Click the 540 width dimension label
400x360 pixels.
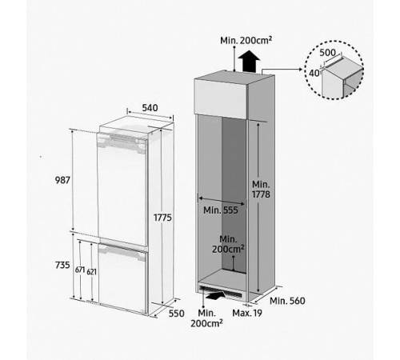tap(150, 108)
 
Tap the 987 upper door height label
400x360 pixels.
tap(62, 180)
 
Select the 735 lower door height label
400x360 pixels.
tap(62, 266)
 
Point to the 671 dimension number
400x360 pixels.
tap(80, 270)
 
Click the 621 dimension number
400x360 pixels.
tap(91, 272)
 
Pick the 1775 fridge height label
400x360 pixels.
tap(162, 218)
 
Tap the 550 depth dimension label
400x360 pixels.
tap(177, 314)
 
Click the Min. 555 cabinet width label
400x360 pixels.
tap(221, 210)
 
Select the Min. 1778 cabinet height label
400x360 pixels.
tap(261, 190)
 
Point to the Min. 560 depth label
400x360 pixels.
tap(287, 301)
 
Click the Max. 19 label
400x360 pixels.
tap(247, 313)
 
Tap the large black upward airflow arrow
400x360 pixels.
tap(249, 61)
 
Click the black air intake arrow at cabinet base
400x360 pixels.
tap(215, 295)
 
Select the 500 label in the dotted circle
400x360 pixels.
tap(327, 53)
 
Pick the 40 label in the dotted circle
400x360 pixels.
tap(314, 73)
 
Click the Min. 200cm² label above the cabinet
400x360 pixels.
tap(246, 41)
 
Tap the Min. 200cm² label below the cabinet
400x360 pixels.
tap(206, 318)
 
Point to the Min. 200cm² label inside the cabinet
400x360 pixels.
tap(228, 244)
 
